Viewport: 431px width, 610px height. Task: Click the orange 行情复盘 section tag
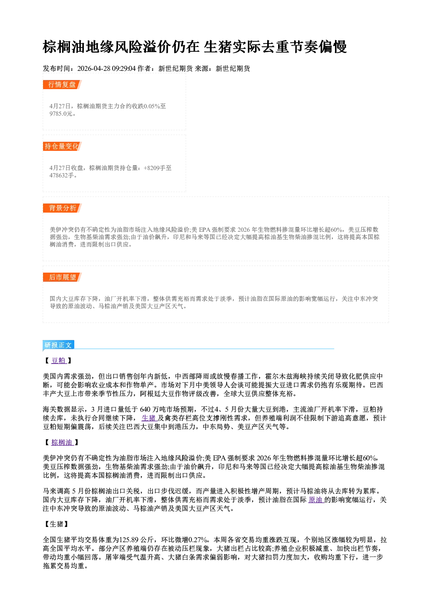tap(62, 85)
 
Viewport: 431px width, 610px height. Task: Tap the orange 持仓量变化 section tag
tap(62, 147)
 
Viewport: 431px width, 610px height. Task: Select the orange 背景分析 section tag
tap(62, 208)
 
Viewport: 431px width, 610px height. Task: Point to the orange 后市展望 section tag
tap(62, 277)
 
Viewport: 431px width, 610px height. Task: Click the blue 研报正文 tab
tap(58, 345)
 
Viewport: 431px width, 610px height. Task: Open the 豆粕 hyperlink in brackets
tap(59, 361)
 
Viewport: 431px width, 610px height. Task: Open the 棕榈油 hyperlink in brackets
tap(62, 443)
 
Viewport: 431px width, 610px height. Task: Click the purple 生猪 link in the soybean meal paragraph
tap(149, 418)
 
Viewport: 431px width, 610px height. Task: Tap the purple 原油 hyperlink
tap(315, 500)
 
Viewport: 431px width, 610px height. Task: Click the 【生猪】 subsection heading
tap(56, 524)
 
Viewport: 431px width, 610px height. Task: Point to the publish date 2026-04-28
tap(94, 69)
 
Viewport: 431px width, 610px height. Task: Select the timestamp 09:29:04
tap(124, 69)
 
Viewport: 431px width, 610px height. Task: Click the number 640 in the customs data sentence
tap(145, 410)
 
